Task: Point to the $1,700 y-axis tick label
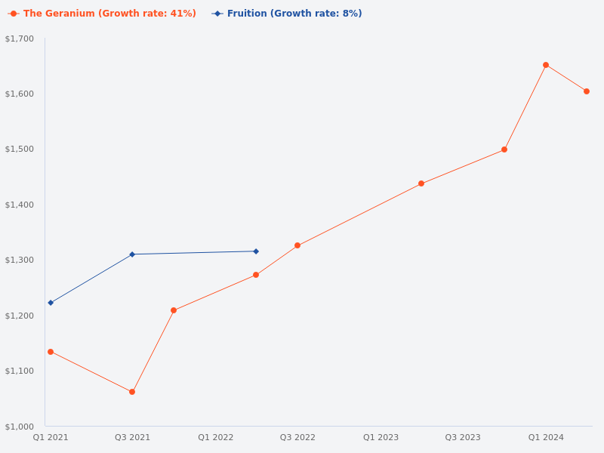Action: tap(20, 39)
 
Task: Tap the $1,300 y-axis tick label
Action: tap(20, 260)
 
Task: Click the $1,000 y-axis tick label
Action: tap(20, 427)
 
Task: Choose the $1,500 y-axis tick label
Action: tap(20, 149)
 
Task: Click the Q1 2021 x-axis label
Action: tap(51, 437)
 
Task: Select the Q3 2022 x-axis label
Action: tap(297, 437)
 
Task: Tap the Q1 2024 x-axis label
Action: tap(546, 437)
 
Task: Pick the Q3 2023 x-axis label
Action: tap(463, 437)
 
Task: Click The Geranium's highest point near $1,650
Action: tap(546, 65)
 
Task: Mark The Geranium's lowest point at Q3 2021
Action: tap(132, 392)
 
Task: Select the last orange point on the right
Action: tap(587, 91)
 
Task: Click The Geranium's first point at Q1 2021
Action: tap(51, 352)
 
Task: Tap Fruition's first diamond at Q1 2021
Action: tap(51, 303)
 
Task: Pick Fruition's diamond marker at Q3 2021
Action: tap(132, 254)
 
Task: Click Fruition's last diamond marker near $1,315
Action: tap(256, 251)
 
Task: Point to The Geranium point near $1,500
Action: tap(504, 149)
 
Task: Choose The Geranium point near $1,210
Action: tap(174, 310)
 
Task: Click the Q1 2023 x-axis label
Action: tap(381, 437)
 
